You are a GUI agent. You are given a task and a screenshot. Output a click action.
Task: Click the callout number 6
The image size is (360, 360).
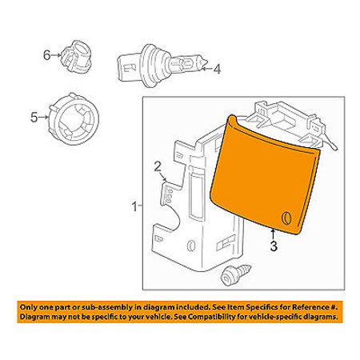[47, 55]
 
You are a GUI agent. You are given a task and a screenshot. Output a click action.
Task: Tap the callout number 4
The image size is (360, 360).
[218, 70]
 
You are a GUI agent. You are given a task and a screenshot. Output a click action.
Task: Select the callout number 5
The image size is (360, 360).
[34, 117]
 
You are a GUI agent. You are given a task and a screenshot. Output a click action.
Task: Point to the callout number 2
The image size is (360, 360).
[158, 166]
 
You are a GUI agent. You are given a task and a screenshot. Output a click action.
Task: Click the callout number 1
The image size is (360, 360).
[134, 206]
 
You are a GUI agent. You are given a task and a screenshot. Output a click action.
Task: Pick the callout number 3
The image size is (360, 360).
[274, 246]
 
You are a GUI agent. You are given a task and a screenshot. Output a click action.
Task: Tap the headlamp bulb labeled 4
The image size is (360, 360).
[162, 66]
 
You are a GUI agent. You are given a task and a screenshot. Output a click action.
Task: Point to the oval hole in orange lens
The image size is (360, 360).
[286, 218]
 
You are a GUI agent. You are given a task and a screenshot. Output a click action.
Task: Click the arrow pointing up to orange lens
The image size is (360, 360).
[273, 234]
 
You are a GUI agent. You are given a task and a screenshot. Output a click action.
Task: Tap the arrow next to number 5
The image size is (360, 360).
[44, 117]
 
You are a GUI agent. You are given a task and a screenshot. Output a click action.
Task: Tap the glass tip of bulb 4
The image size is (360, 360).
[204, 63]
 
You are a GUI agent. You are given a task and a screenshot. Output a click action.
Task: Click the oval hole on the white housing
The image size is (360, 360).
[191, 246]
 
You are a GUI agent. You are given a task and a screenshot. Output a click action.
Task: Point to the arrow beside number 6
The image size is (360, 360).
[57, 55]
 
